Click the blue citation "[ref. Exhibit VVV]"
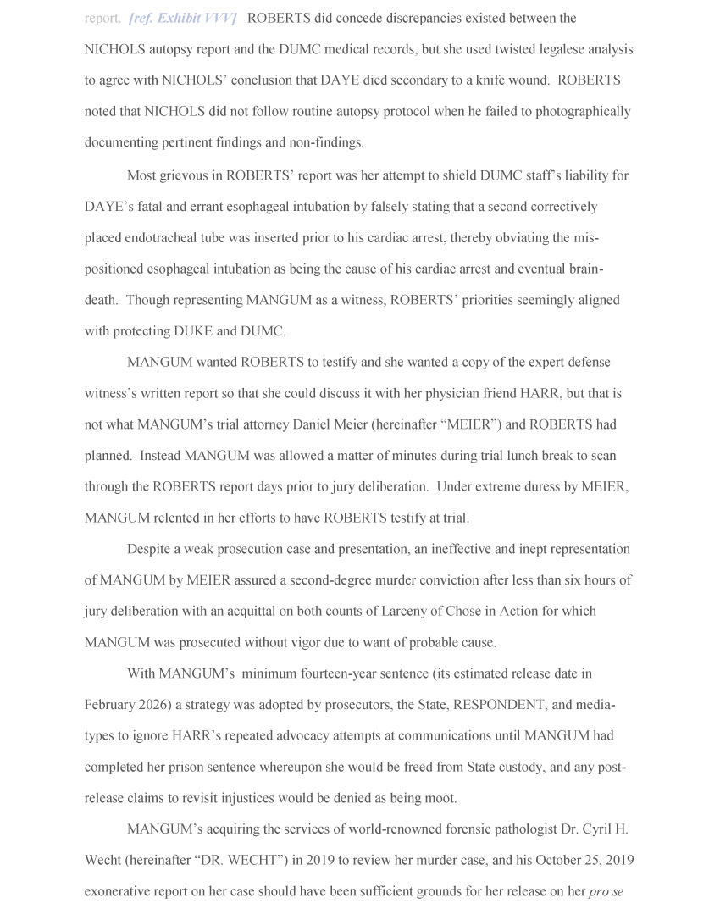[x=182, y=18]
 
